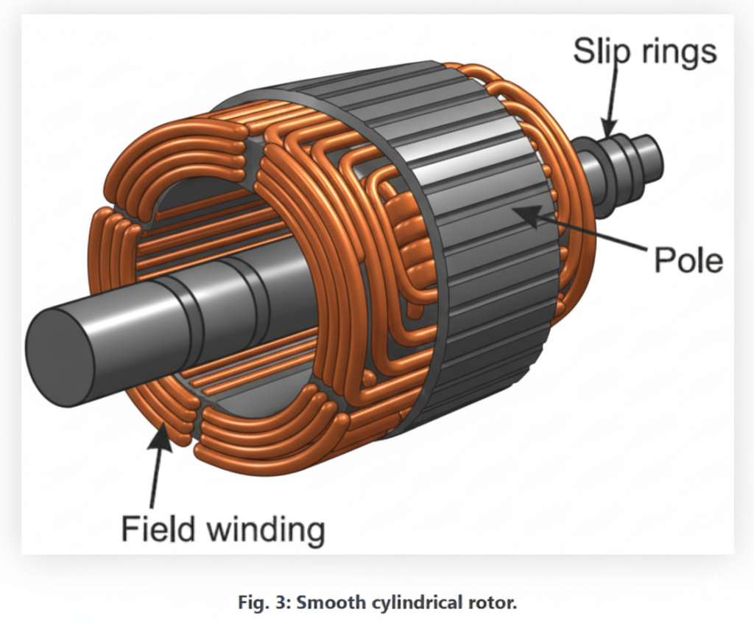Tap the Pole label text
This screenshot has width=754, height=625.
pyautogui.click(x=688, y=260)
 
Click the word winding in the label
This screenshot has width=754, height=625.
pyautogui.click(x=267, y=531)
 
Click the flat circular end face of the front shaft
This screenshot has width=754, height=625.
pyautogui.click(x=60, y=357)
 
